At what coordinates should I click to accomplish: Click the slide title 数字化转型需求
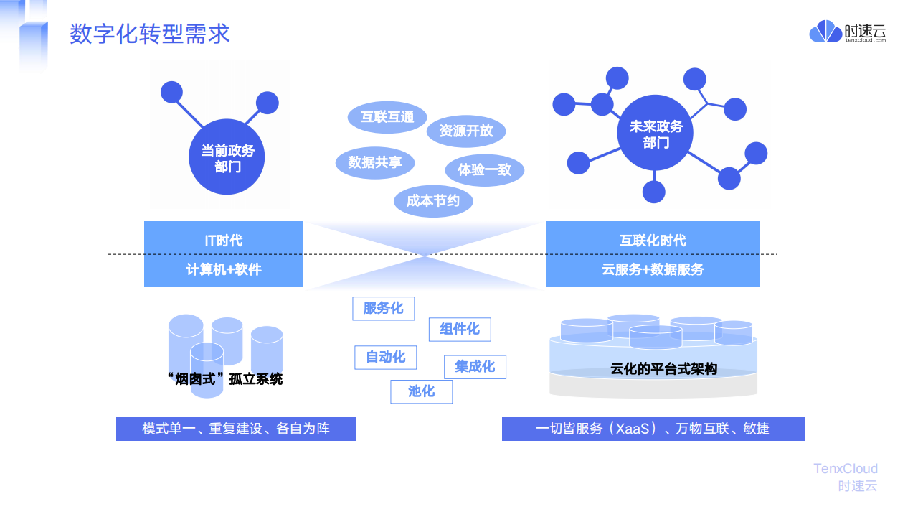pos(150,34)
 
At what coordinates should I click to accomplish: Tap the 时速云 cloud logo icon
pos(825,31)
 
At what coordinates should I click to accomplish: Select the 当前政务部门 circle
pos(227,157)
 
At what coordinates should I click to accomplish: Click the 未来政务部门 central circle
pos(655,133)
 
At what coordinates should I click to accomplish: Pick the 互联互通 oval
pos(387,117)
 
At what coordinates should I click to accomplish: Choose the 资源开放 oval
pos(466,131)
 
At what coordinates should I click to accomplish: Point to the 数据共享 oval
pos(375,163)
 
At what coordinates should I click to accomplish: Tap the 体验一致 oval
pos(485,170)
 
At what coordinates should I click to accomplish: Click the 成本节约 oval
pos(433,201)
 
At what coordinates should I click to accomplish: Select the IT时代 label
pos(224,241)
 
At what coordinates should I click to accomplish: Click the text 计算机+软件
pos(224,269)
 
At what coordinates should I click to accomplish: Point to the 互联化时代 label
pos(653,241)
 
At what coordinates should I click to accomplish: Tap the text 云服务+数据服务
pos(653,269)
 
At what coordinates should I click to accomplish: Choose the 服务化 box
pos(384,309)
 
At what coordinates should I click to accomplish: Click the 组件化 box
pos(460,330)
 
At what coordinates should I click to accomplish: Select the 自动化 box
pos(386,358)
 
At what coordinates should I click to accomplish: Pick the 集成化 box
pos(475,367)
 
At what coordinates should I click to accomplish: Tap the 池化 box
pos(421,392)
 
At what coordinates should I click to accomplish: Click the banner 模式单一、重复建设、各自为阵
pos(236,429)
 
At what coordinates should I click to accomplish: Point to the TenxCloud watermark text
pos(846,469)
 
